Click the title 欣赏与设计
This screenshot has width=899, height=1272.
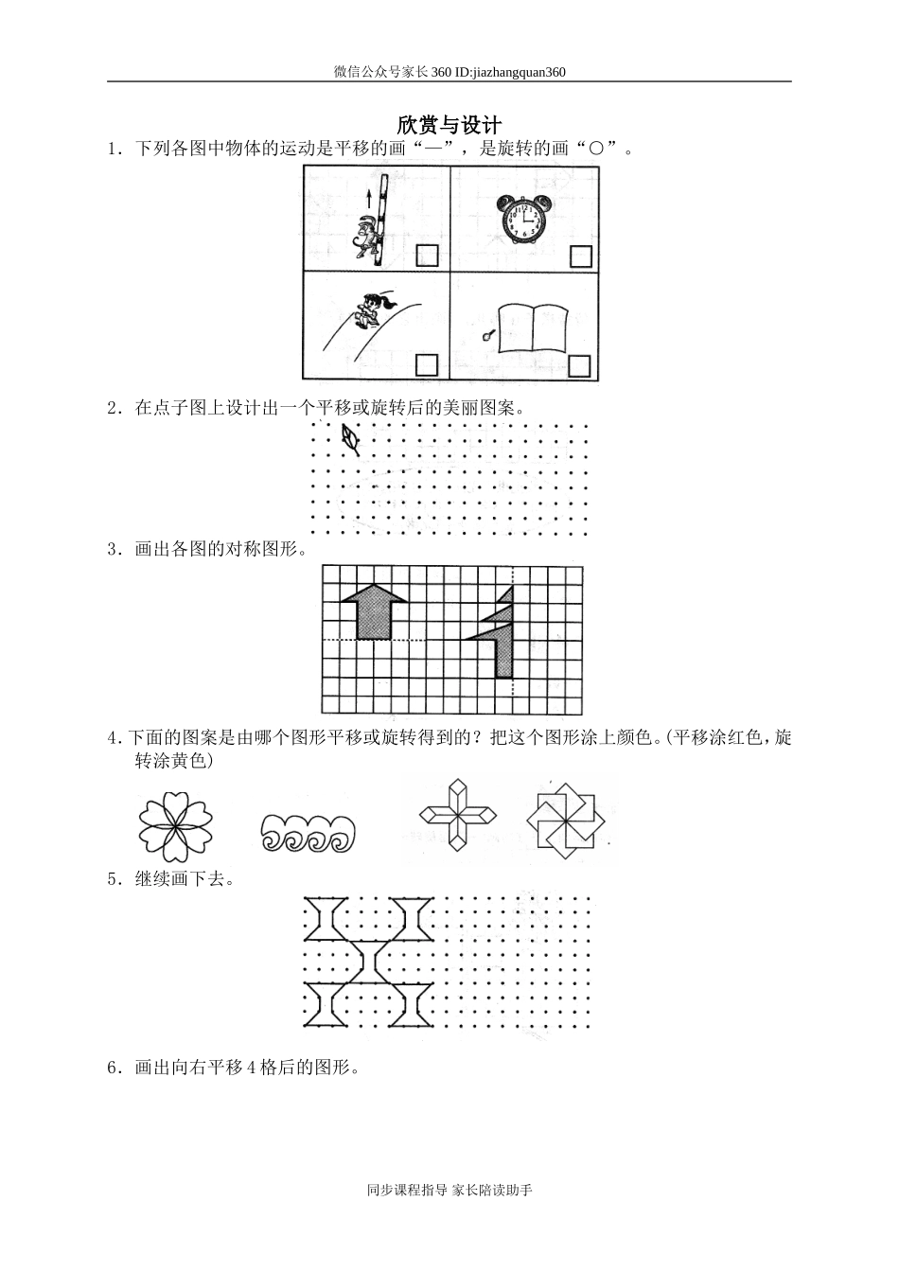pos(449,125)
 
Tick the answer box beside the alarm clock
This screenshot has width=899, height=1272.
pos(580,256)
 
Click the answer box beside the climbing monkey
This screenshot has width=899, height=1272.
pos(427,256)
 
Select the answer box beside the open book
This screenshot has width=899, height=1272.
pos(580,365)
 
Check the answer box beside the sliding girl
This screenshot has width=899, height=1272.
pos(427,365)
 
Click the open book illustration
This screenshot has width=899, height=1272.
pos(532,327)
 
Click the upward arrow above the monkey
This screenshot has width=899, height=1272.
pos(368,198)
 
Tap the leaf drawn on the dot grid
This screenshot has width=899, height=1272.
pos(350,438)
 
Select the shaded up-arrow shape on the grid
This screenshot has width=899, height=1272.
pos(374,611)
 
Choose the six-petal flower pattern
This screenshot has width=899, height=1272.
pos(175,826)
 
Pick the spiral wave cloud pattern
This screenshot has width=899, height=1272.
pos(307,834)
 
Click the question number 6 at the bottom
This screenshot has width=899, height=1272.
pos(113,1068)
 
